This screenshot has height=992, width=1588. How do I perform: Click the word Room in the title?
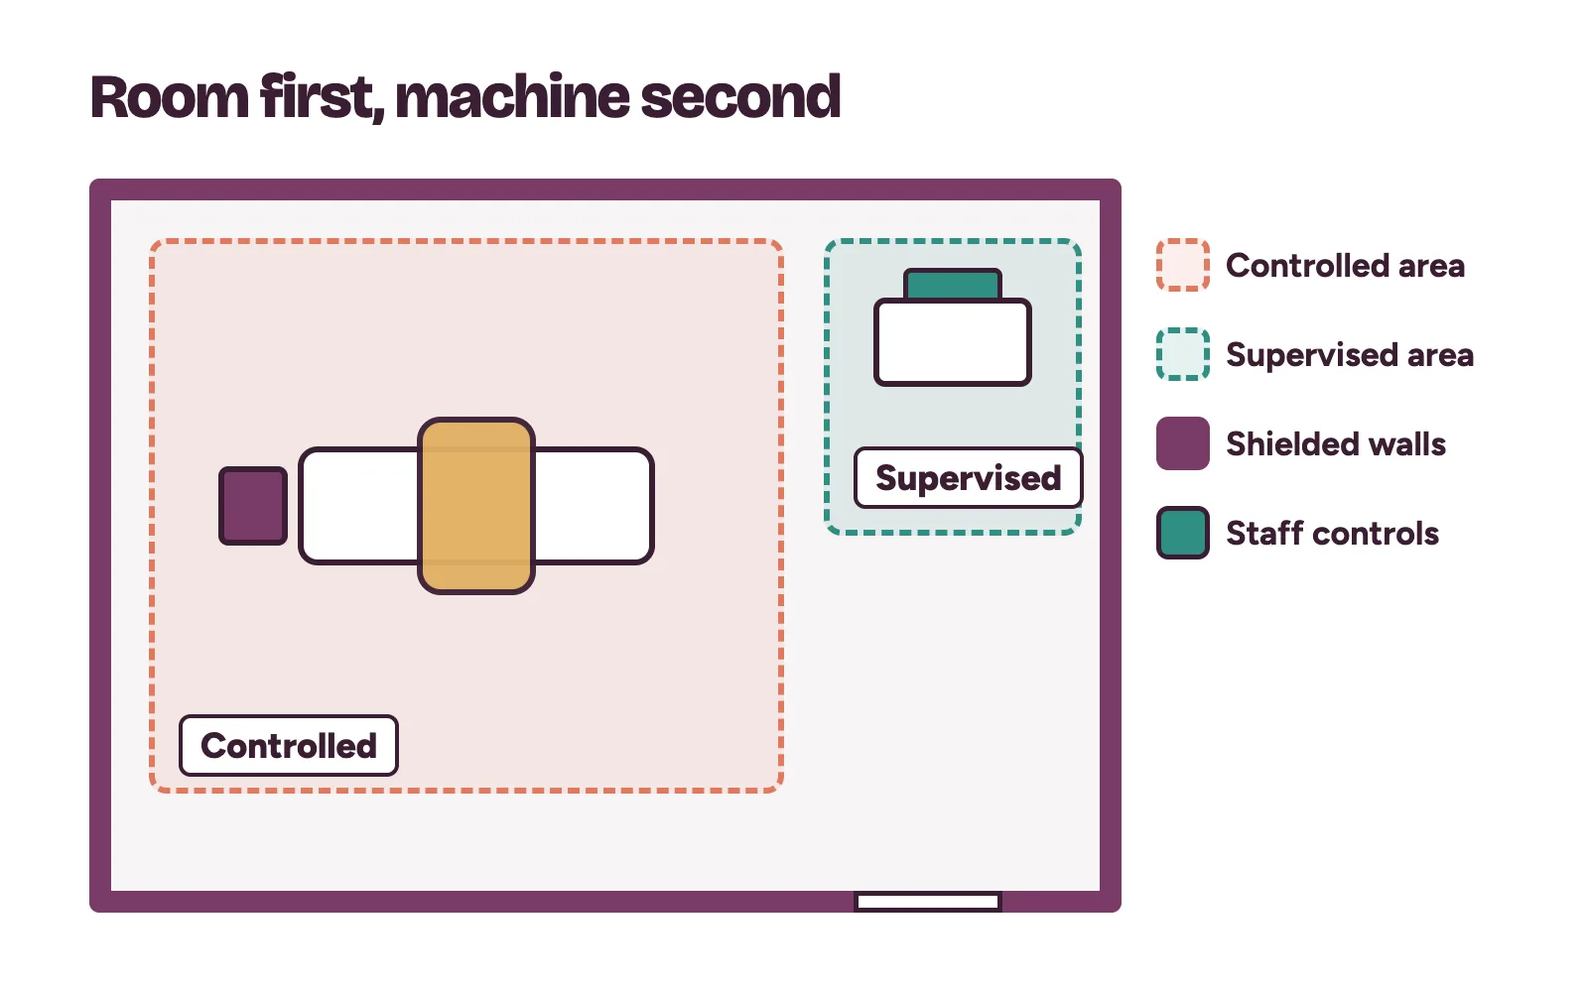(x=170, y=97)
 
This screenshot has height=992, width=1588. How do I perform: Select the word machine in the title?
(x=512, y=97)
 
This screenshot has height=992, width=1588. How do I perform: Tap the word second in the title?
(x=740, y=97)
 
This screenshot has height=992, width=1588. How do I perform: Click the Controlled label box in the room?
(x=289, y=745)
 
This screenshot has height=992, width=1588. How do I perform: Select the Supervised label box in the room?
(x=969, y=477)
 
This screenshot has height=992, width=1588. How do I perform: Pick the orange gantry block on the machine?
(x=476, y=506)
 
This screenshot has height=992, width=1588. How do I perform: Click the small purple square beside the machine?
(x=253, y=506)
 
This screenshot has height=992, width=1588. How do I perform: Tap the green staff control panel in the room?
(x=953, y=284)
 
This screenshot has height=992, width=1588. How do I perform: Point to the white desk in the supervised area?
(x=953, y=342)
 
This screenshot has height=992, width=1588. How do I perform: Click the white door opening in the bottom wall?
(x=928, y=902)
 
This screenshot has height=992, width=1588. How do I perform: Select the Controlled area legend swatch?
(x=1183, y=265)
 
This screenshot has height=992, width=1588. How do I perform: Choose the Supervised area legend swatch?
(x=1183, y=354)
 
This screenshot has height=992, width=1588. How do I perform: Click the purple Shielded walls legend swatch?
(x=1183, y=443)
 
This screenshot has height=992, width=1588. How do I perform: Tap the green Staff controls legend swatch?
(x=1183, y=533)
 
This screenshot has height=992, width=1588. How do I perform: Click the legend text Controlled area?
(x=1346, y=266)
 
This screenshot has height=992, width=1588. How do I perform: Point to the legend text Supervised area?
(x=1350, y=354)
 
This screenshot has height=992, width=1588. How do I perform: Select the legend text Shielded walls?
(x=1336, y=443)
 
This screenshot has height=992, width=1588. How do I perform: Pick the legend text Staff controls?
(x=1333, y=533)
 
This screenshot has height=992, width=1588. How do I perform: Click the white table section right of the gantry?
(x=595, y=506)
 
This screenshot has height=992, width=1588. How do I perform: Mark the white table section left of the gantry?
(x=359, y=506)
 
